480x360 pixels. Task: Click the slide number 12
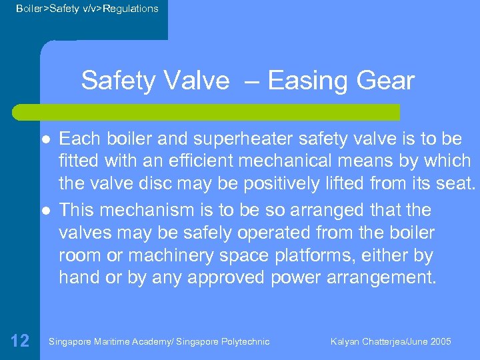pyautogui.click(x=20, y=341)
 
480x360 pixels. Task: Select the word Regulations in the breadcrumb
pyautogui.click(x=131, y=9)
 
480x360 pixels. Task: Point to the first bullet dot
pyautogui.click(x=45, y=139)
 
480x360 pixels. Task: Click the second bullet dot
pyautogui.click(x=45, y=210)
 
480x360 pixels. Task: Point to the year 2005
pyautogui.click(x=440, y=342)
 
